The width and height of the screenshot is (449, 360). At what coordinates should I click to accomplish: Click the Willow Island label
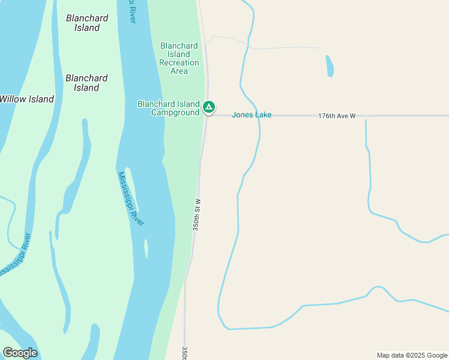[27, 99]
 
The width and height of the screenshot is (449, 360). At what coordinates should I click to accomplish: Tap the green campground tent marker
[208, 107]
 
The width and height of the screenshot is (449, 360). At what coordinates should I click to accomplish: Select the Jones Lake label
[252, 115]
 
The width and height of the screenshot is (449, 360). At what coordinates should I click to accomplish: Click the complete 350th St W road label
[196, 215]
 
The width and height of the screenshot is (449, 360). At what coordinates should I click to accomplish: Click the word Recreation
[179, 62]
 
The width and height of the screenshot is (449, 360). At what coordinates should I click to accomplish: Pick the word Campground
[175, 113]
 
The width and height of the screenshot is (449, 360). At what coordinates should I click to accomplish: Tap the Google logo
[20, 353]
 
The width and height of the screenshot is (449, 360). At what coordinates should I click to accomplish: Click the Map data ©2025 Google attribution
[412, 355]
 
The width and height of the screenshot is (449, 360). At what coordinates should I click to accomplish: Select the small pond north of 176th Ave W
[330, 66]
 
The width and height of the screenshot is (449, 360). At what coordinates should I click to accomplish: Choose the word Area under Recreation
[179, 71]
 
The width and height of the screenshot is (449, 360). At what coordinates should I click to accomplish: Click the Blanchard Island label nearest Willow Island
[86, 83]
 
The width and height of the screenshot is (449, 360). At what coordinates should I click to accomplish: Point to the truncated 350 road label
[184, 352]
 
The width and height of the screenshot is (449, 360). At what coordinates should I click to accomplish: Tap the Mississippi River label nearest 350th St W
[131, 198]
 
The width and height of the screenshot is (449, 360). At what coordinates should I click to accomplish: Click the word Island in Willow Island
[41, 99]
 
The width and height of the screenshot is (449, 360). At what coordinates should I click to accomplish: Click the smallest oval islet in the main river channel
[146, 249]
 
